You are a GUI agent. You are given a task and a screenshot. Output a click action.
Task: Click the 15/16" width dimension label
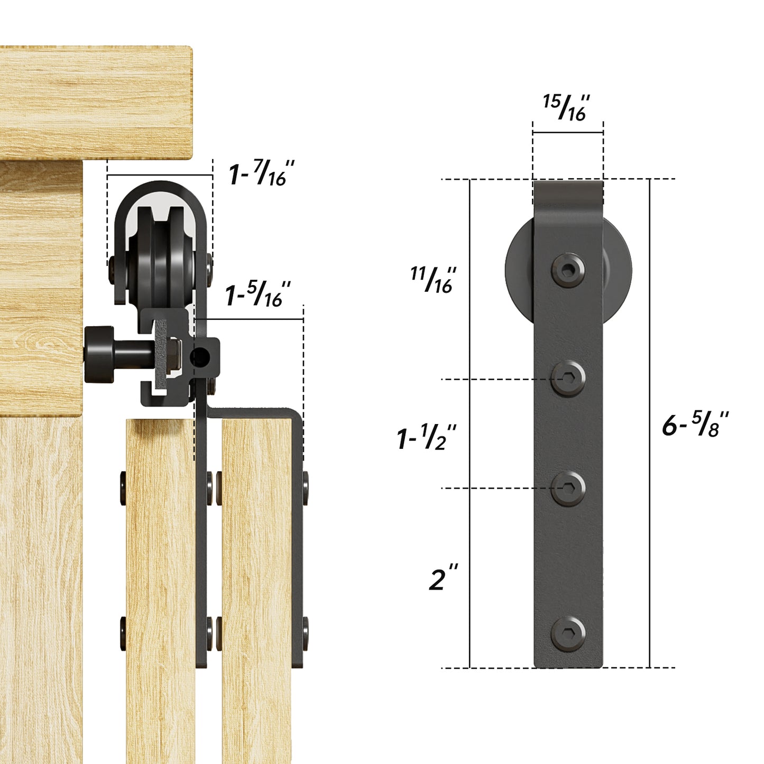[566, 108]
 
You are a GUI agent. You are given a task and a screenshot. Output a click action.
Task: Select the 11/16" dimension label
[432, 280]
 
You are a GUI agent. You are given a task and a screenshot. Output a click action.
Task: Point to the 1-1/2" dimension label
[426, 438]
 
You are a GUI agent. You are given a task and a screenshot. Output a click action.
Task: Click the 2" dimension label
[443, 578]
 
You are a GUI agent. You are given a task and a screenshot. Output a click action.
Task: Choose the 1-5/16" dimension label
[258, 295]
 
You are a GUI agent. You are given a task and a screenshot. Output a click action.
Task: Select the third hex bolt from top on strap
[568, 488]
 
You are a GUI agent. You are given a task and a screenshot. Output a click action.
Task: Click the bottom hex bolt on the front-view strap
[568, 633]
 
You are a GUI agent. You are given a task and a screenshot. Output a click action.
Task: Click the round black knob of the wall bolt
[99, 354]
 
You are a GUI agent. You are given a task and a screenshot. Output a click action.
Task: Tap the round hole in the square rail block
[200, 358]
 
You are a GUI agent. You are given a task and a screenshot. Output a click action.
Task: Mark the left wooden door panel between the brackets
[160, 582]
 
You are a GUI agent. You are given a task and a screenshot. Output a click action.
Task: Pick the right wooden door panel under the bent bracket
[256, 582]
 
